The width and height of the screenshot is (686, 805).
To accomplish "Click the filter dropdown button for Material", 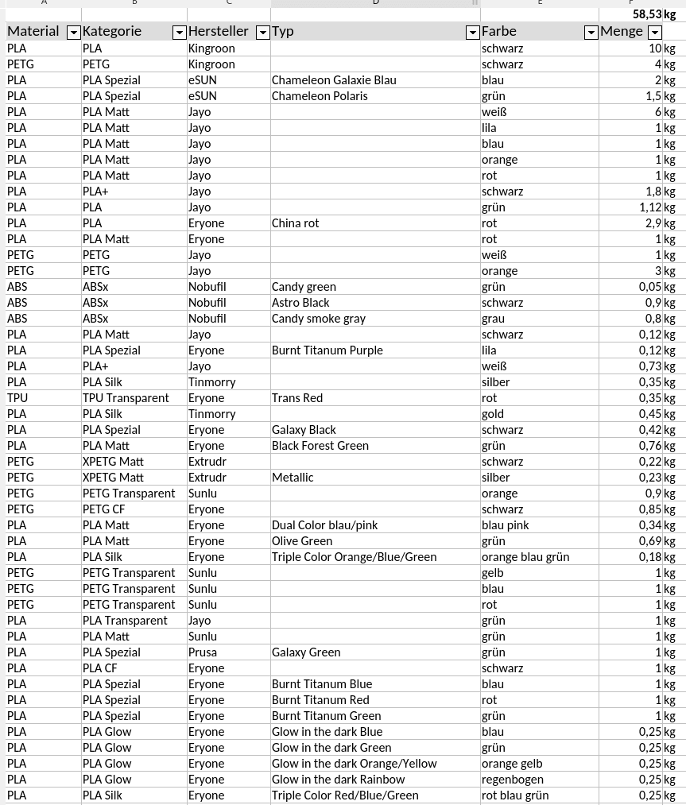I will pyautogui.click(x=73, y=33).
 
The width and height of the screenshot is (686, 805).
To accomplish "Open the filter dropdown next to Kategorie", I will pyautogui.click(x=179, y=33).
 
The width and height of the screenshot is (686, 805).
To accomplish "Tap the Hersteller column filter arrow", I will pyautogui.click(x=262, y=33).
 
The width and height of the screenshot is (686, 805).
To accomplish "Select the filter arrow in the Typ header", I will pyautogui.click(x=472, y=33).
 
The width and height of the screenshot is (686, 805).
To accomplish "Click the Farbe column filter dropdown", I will pyautogui.click(x=591, y=33).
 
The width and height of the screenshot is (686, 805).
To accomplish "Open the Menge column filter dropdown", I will pyautogui.click(x=654, y=33).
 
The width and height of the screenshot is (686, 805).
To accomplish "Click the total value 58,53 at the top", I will pyautogui.click(x=647, y=14).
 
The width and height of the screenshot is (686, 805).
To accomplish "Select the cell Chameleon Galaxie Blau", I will pyautogui.click(x=334, y=80).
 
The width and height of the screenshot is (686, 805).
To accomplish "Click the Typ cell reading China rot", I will pyautogui.click(x=296, y=223).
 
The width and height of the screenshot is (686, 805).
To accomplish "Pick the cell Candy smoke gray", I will pyautogui.click(x=319, y=319).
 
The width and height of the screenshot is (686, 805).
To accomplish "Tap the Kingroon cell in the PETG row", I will pyautogui.click(x=211, y=64).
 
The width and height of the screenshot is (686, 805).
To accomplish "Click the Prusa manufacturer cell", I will pyautogui.click(x=203, y=652).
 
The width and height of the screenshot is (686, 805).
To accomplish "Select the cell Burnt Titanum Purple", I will pyautogui.click(x=327, y=350).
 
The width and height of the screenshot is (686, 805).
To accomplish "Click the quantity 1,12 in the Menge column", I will pyautogui.click(x=649, y=207).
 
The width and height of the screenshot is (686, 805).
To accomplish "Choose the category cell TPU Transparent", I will pyautogui.click(x=126, y=398).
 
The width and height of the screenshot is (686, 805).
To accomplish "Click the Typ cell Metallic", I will pyautogui.click(x=293, y=478).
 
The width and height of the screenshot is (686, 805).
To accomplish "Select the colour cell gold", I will pyautogui.click(x=493, y=414).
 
